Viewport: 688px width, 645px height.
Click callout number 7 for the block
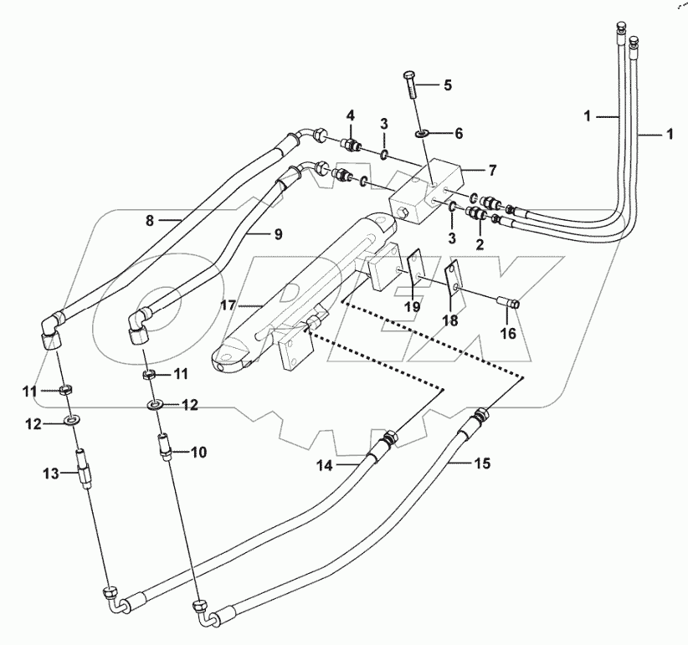[493, 170]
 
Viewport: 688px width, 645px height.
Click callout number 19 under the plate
[412, 306]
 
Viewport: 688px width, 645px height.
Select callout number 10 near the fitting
[198, 452]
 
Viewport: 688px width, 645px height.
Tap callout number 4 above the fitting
[350, 115]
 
